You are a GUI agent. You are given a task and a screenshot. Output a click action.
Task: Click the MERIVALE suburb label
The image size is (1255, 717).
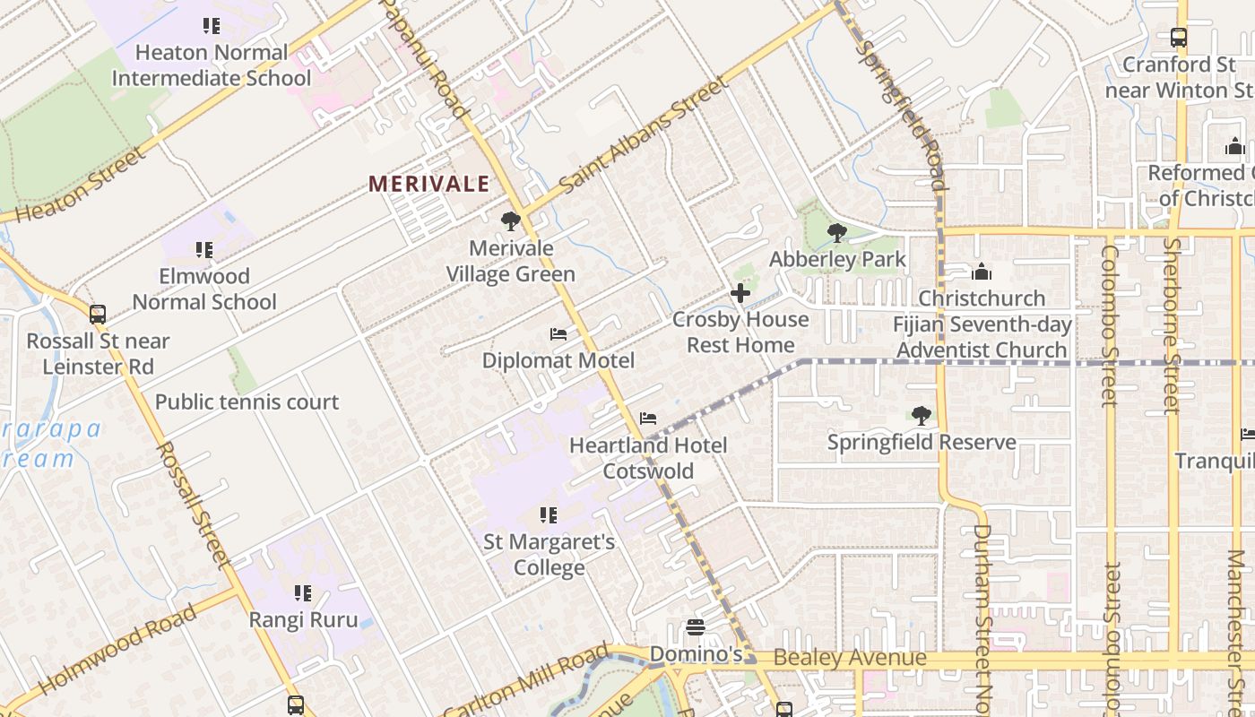coord(429,185)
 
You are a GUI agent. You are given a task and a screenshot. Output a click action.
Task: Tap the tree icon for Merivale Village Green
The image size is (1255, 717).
coord(511,220)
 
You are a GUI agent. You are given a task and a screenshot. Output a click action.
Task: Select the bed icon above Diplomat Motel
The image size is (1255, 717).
coord(558,334)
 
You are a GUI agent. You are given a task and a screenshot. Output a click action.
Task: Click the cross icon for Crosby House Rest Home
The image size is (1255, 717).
coord(740,293)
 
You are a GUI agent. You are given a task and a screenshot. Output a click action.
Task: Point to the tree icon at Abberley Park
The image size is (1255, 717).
coord(837,233)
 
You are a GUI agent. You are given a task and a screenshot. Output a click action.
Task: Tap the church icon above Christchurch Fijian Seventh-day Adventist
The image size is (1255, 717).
coord(982,272)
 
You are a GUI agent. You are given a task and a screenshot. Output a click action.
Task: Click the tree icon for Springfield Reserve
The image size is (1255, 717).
coord(921,415)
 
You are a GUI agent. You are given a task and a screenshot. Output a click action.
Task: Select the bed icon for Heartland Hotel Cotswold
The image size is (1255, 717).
coord(648,419)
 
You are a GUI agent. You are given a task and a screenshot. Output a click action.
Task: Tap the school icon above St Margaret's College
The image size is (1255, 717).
coord(549,515)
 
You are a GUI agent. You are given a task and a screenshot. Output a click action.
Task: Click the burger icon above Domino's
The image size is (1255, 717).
coord(696,627)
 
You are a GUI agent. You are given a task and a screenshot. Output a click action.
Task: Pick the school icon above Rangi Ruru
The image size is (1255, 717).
coord(303,593)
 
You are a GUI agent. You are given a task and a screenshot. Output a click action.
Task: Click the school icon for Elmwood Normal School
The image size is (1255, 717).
coord(204,249)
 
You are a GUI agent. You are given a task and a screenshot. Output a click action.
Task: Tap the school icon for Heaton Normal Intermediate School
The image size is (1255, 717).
coord(212,26)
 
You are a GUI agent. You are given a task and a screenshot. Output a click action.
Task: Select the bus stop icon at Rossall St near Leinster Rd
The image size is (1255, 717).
coord(98,315)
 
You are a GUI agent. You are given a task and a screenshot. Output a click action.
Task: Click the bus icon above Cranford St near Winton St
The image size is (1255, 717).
coord(1179,38)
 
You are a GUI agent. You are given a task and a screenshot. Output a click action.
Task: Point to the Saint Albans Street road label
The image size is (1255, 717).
coord(642,135)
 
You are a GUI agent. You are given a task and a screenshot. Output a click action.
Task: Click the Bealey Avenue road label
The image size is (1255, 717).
coord(849,659)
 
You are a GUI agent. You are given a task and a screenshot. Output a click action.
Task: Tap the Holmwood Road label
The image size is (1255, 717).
coord(117,649)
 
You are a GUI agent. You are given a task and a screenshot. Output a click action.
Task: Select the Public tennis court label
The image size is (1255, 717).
coord(247,402)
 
